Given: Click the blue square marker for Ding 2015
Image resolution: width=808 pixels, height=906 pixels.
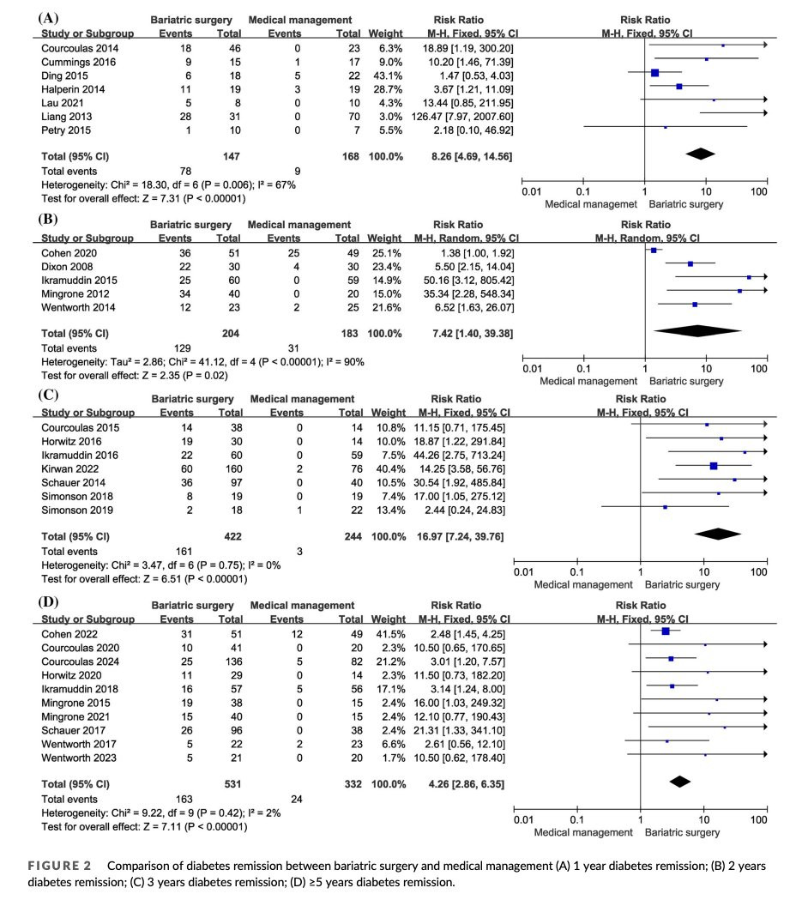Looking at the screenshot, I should click(655, 73).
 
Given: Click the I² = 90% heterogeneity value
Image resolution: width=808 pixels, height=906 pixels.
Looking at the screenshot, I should click(342, 361).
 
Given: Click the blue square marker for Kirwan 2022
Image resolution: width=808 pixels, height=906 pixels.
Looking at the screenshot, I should click(714, 466).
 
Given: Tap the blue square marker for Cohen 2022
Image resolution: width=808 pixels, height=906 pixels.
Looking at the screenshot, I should click(666, 631).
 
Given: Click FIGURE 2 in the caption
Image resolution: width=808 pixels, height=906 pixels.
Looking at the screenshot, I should click(60, 867).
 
